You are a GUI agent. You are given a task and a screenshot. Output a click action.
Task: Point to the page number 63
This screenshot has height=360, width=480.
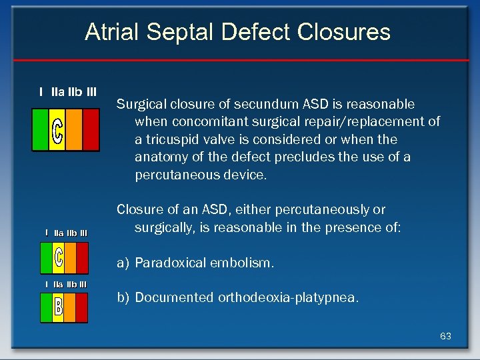point(445,336)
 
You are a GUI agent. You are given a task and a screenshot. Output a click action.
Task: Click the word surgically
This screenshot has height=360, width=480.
point(165,227)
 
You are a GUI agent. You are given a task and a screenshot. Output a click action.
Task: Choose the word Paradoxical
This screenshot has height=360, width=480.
point(170,263)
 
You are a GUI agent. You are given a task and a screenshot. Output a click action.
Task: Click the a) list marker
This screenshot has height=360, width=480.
point(123,263)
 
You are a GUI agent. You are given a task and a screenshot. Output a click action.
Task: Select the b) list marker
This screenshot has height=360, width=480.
point(123,298)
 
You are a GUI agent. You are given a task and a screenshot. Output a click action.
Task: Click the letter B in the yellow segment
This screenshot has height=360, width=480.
point(58,307)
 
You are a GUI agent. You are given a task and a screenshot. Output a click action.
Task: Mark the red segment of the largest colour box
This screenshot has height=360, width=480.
point(91,129)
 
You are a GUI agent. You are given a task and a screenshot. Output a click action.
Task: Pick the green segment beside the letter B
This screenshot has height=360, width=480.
point(46,307)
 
